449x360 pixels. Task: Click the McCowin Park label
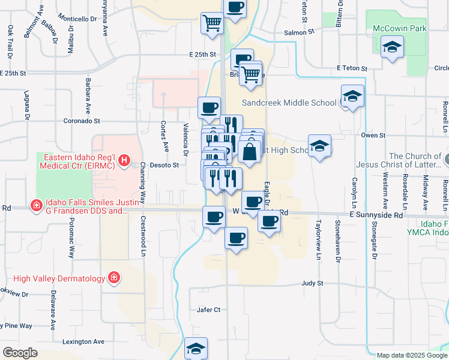[399, 29]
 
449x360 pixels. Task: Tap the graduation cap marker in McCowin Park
[392, 47]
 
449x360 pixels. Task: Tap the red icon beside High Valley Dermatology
[113, 277]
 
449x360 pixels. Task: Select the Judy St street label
[312, 283]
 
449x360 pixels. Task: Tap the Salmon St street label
[295, 33]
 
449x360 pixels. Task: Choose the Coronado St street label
[82, 121]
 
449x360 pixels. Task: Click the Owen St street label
[373, 136]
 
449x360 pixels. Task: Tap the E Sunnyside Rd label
[376, 214]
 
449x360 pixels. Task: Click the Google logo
[20, 353]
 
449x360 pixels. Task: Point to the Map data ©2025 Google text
[412, 355]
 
